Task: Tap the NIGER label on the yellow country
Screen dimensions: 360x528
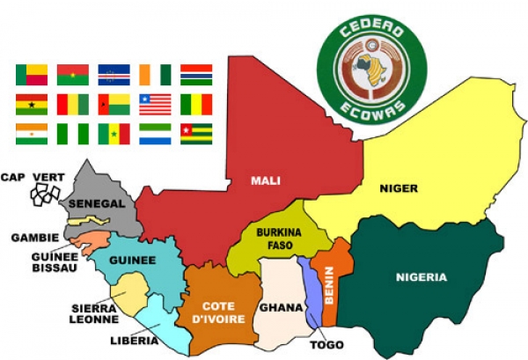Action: click(x=398, y=188)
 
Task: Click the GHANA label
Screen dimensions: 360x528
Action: click(x=280, y=308)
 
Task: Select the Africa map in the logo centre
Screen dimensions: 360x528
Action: click(x=371, y=71)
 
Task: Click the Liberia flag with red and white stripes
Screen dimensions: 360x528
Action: click(x=155, y=105)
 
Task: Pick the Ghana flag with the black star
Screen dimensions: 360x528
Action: click(x=32, y=105)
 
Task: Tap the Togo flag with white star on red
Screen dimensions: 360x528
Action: click(x=195, y=134)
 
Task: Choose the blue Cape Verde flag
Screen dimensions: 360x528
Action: click(x=114, y=75)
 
